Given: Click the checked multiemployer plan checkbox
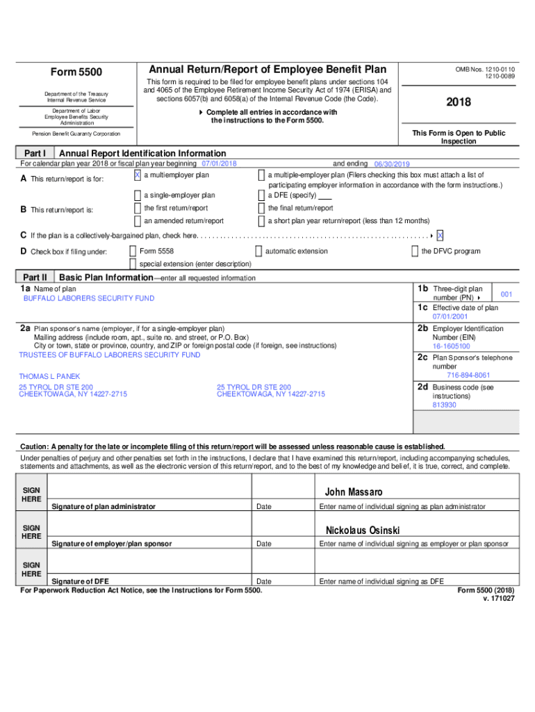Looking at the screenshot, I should (x=137, y=175).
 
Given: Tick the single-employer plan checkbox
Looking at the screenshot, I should (x=137, y=195).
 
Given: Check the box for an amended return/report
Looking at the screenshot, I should (x=137, y=221).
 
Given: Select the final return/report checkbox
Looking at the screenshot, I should (x=261, y=209).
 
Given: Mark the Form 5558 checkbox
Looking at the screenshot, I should (x=133, y=251).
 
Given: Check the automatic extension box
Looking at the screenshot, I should (x=258, y=251).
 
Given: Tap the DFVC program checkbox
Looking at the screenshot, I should (x=415, y=251).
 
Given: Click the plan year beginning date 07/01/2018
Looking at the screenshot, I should (x=219, y=164).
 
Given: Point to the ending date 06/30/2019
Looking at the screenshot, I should (x=392, y=164).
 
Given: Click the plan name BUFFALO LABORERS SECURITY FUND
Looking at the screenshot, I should (x=89, y=298).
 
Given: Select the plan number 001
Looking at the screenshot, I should (x=507, y=295).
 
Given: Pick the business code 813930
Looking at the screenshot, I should (x=444, y=405).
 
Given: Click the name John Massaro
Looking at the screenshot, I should (x=354, y=492).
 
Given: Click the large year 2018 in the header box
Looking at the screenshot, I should (x=459, y=102).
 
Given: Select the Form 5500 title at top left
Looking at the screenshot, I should (x=76, y=72).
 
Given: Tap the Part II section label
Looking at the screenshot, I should (x=34, y=277).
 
